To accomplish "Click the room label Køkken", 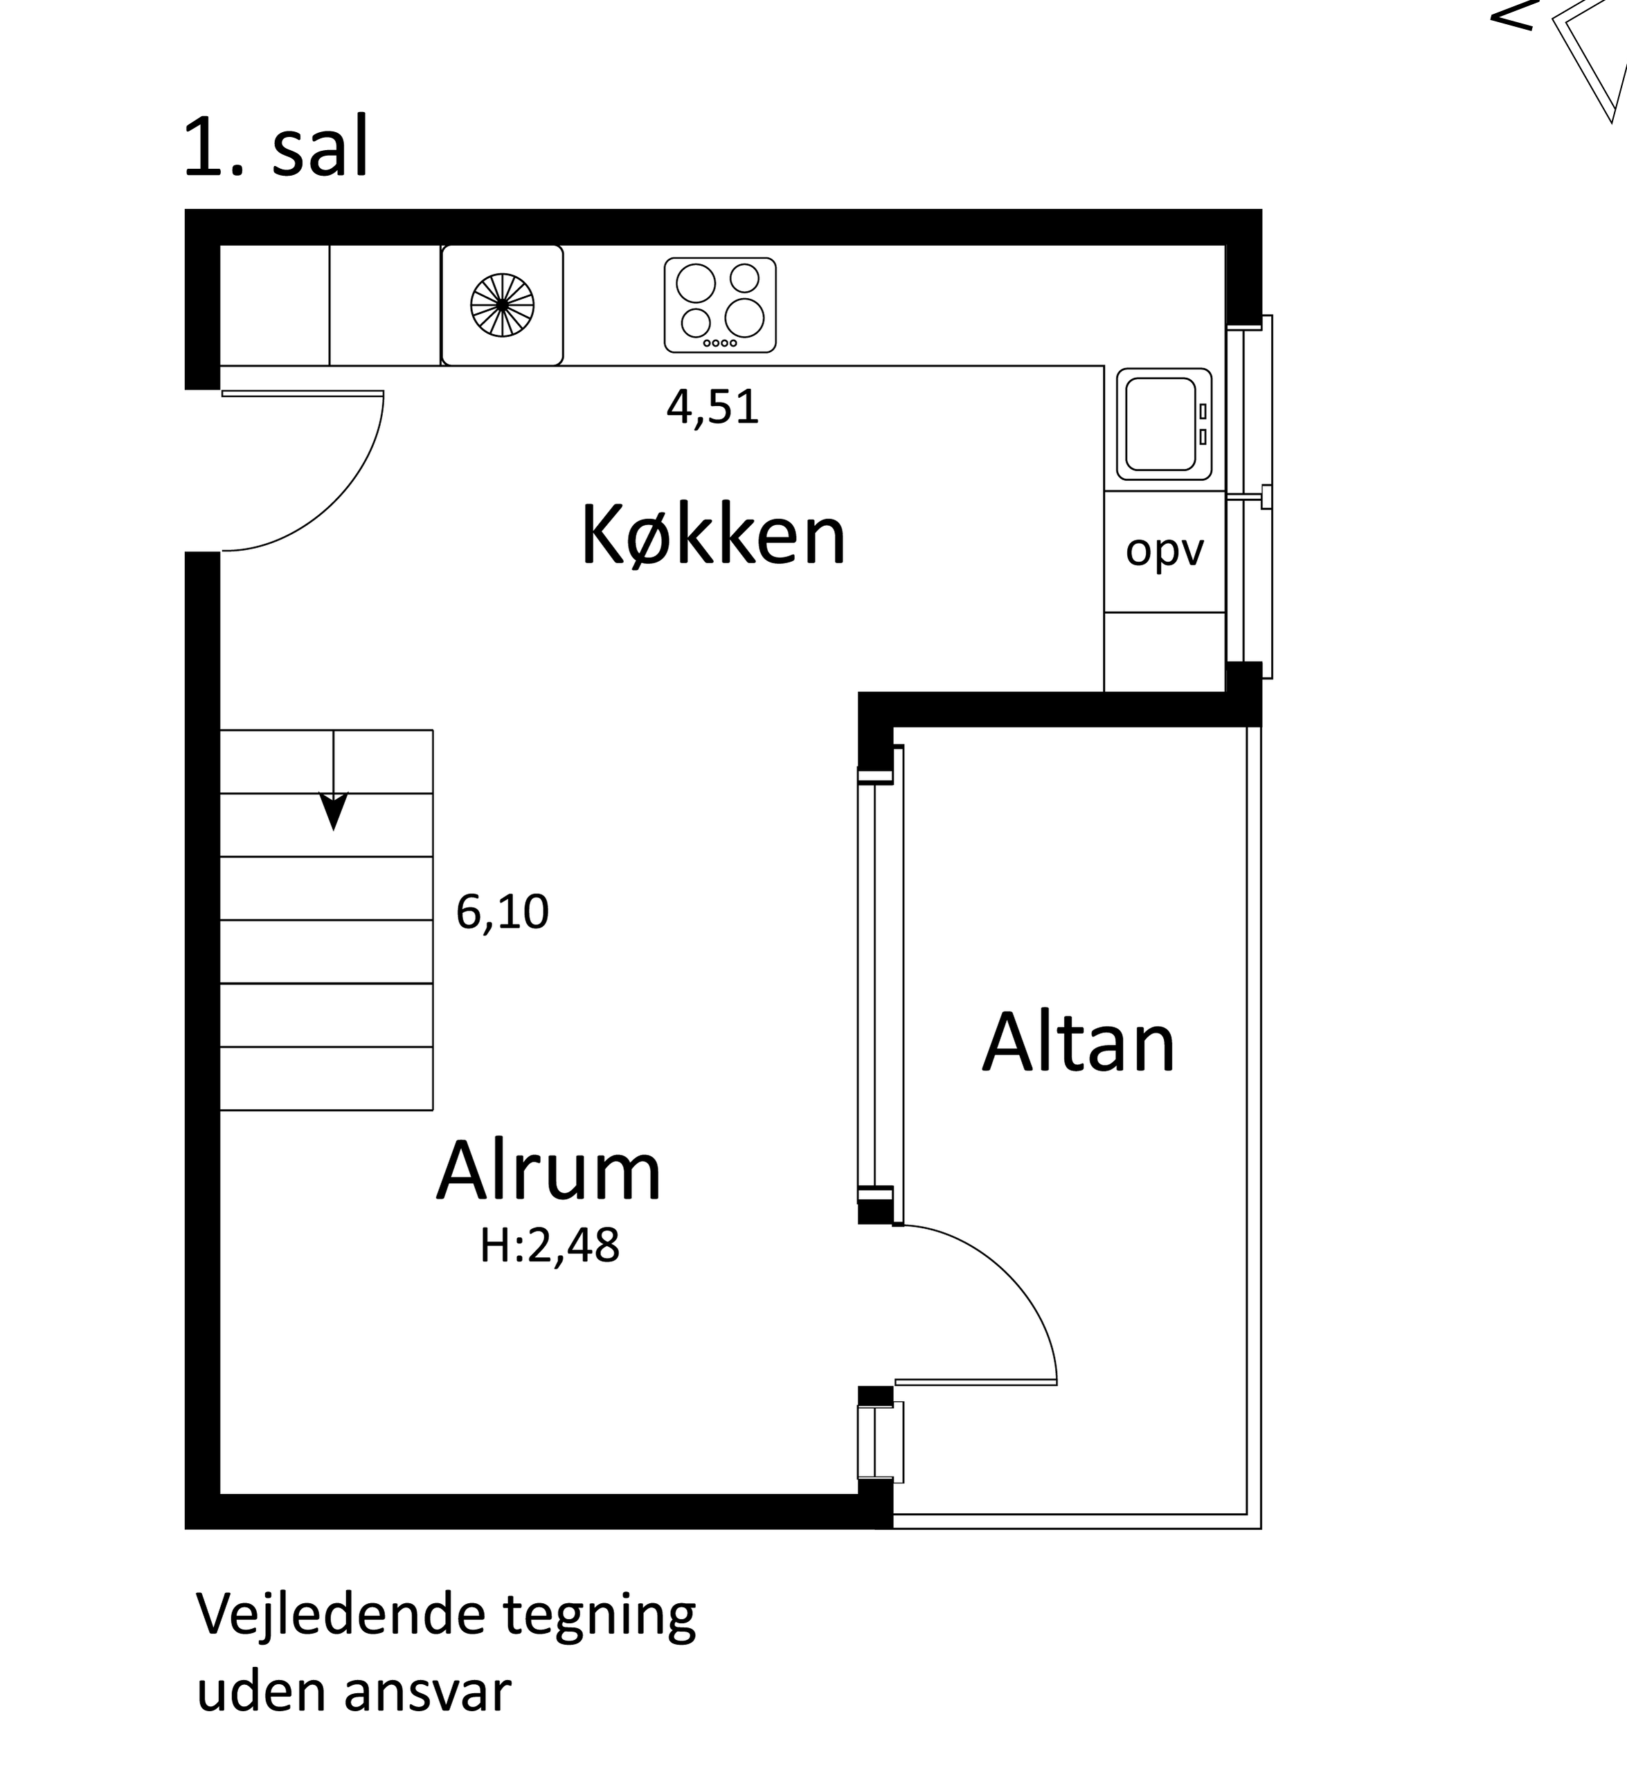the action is (713, 536).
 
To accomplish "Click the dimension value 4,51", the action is (713, 408).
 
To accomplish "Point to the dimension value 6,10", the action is (502, 912).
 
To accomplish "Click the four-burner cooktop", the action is (720, 304).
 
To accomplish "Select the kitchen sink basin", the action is (1164, 424).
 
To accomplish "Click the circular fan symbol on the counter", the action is (502, 304).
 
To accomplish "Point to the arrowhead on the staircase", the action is (333, 811).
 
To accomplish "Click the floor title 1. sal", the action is (276, 147).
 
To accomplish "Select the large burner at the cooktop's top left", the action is (696, 283).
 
